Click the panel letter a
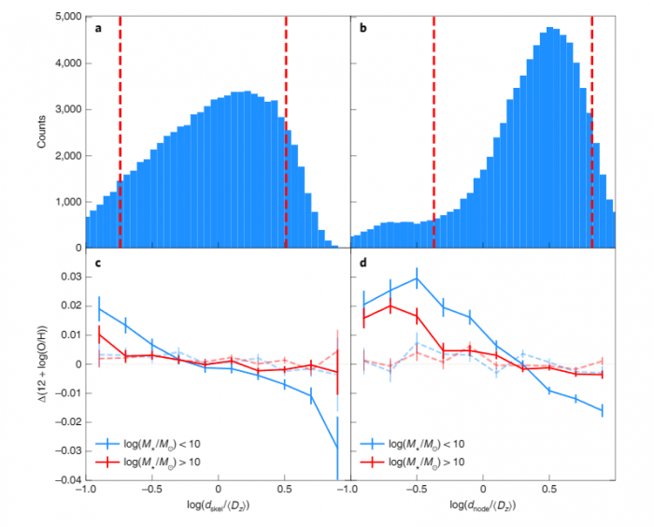98,28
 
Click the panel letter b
364,28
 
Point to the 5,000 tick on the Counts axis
66,18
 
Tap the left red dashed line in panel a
121,131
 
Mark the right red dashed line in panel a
286,131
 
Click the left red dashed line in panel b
434,131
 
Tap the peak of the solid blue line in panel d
417,278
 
